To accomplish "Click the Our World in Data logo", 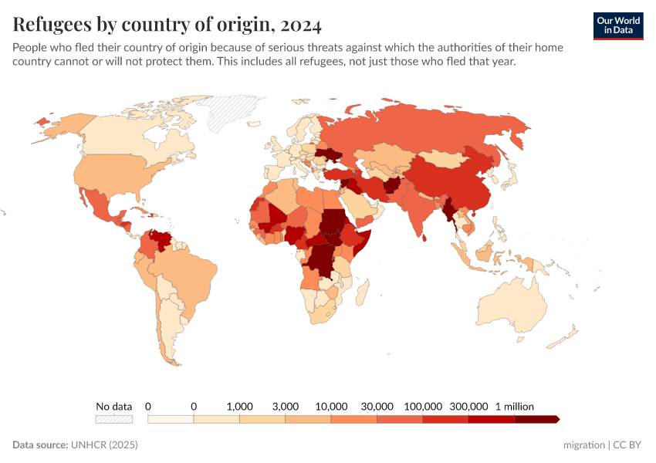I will coord(618,25).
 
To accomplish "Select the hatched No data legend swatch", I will coord(113,419).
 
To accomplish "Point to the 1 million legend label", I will coord(514,406).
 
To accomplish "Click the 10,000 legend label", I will coord(331,406).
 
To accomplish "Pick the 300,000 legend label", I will coord(468,406).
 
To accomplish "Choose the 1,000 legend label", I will coord(239,406).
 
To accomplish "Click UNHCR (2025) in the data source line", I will coord(104,445).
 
